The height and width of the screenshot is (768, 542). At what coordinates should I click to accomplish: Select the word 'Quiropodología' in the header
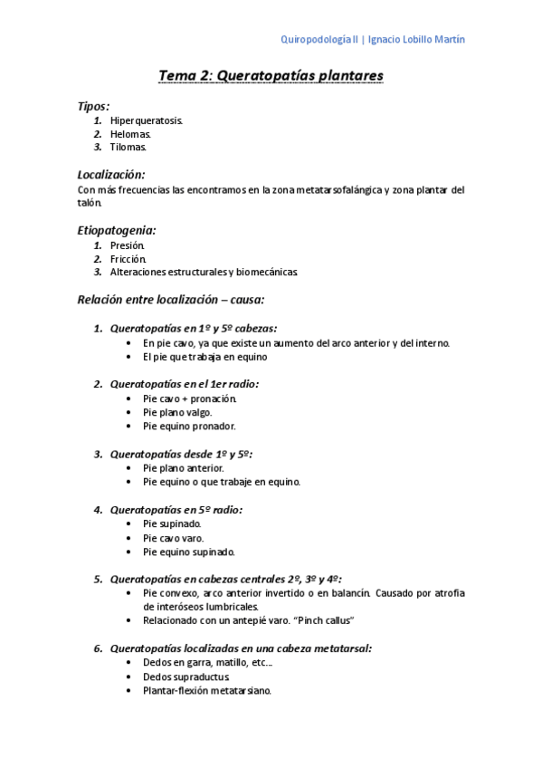pyautogui.click(x=319, y=40)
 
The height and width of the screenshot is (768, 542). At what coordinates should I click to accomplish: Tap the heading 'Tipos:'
pyautogui.click(x=94, y=106)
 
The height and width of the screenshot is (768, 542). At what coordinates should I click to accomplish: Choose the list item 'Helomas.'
pyautogui.click(x=131, y=134)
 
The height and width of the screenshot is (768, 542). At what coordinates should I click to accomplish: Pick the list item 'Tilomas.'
pyautogui.click(x=128, y=147)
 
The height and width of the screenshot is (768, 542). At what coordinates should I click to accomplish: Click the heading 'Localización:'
pyautogui.click(x=111, y=174)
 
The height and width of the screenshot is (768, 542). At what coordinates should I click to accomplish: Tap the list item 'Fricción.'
pyautogui.click(x=128, y=258)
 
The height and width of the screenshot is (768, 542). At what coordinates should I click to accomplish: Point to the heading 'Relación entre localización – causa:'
pyautogui.click(x=171, y=299)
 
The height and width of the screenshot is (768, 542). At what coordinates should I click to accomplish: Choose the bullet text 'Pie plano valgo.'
pyautogui.click(x=177, y=412)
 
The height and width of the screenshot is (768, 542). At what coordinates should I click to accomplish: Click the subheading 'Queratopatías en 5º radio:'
pyautogui.click(x=176, y=510)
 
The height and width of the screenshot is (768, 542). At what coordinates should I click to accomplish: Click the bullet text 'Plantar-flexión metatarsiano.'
pyautogui.click(x=207, y=690)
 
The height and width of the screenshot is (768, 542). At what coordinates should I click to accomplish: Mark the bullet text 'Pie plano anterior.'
pyautogui.click(x=183, y=468)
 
